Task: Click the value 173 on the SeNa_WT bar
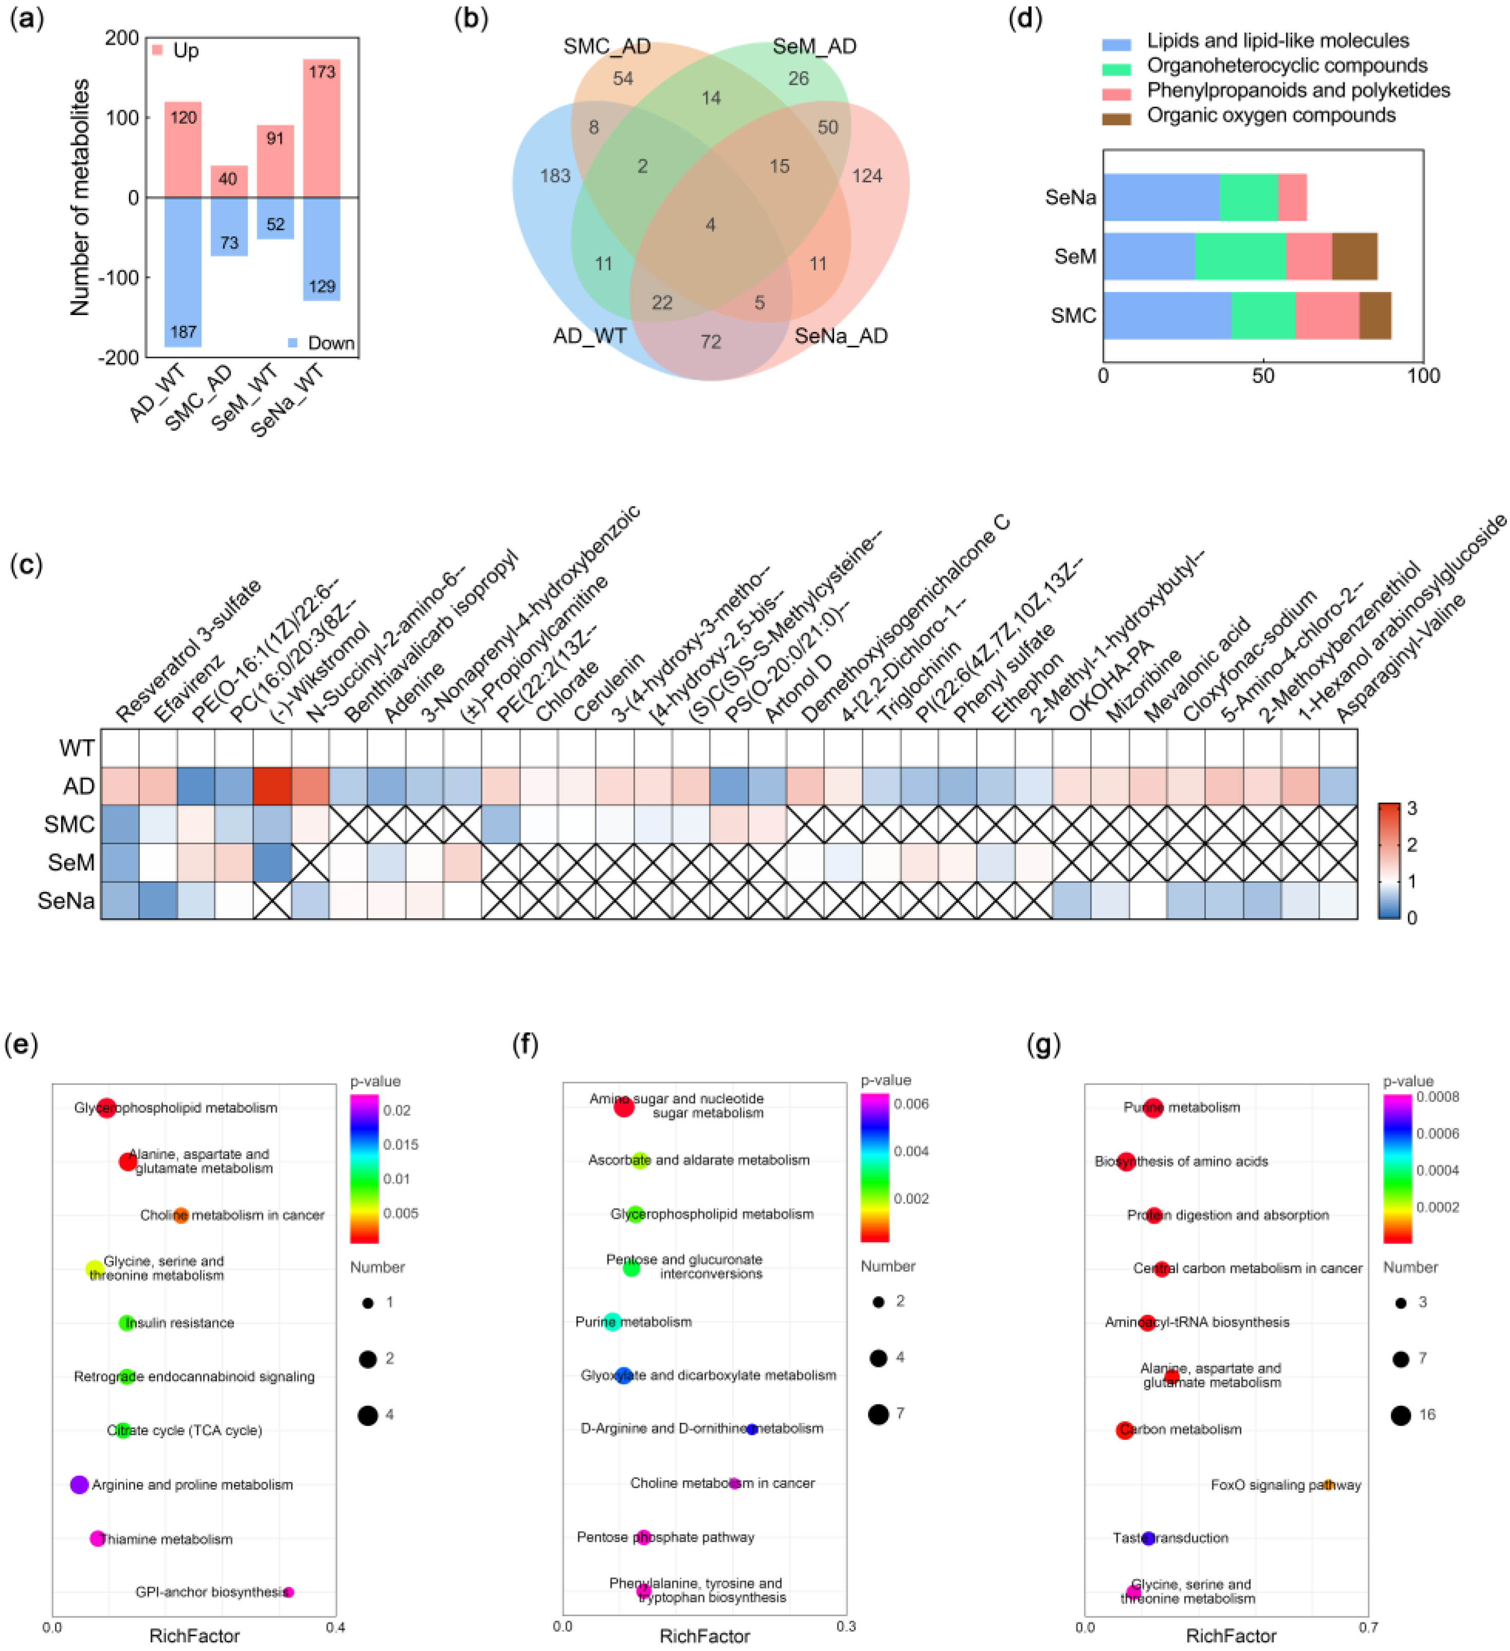[x=321, y=72]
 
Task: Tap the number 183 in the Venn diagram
[x=555, y=175]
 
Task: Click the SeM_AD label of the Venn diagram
[x=814, y=47]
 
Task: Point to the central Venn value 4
[x=710, y=225]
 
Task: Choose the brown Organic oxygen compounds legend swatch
[x=1116, y=119]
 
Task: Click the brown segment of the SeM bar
[x=1354, y=256]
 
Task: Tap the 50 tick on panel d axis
[x=1263, y=376]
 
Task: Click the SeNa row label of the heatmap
[x=66, y=901]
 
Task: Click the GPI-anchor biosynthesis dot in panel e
[x=288, y=1591]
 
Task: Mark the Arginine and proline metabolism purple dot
[x=80, y=1484]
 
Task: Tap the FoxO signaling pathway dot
[x=1328, y=1484]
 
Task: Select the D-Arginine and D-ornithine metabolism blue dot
[x=751, y=1429]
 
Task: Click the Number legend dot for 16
[x=1400, y=1414]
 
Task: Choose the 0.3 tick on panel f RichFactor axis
[x=845, y=1626]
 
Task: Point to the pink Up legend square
[x=157, y=50]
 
